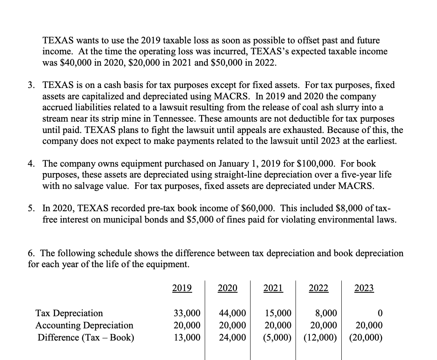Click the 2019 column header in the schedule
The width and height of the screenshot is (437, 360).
point(182,289)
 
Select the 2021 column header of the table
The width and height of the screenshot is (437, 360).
point(273,289)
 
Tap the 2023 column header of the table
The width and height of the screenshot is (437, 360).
point(364,289)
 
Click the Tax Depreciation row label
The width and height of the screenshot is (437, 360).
point(69,313)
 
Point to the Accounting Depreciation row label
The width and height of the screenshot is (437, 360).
point(84,325)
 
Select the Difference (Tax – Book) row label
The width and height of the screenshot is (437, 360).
point(86,337)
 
